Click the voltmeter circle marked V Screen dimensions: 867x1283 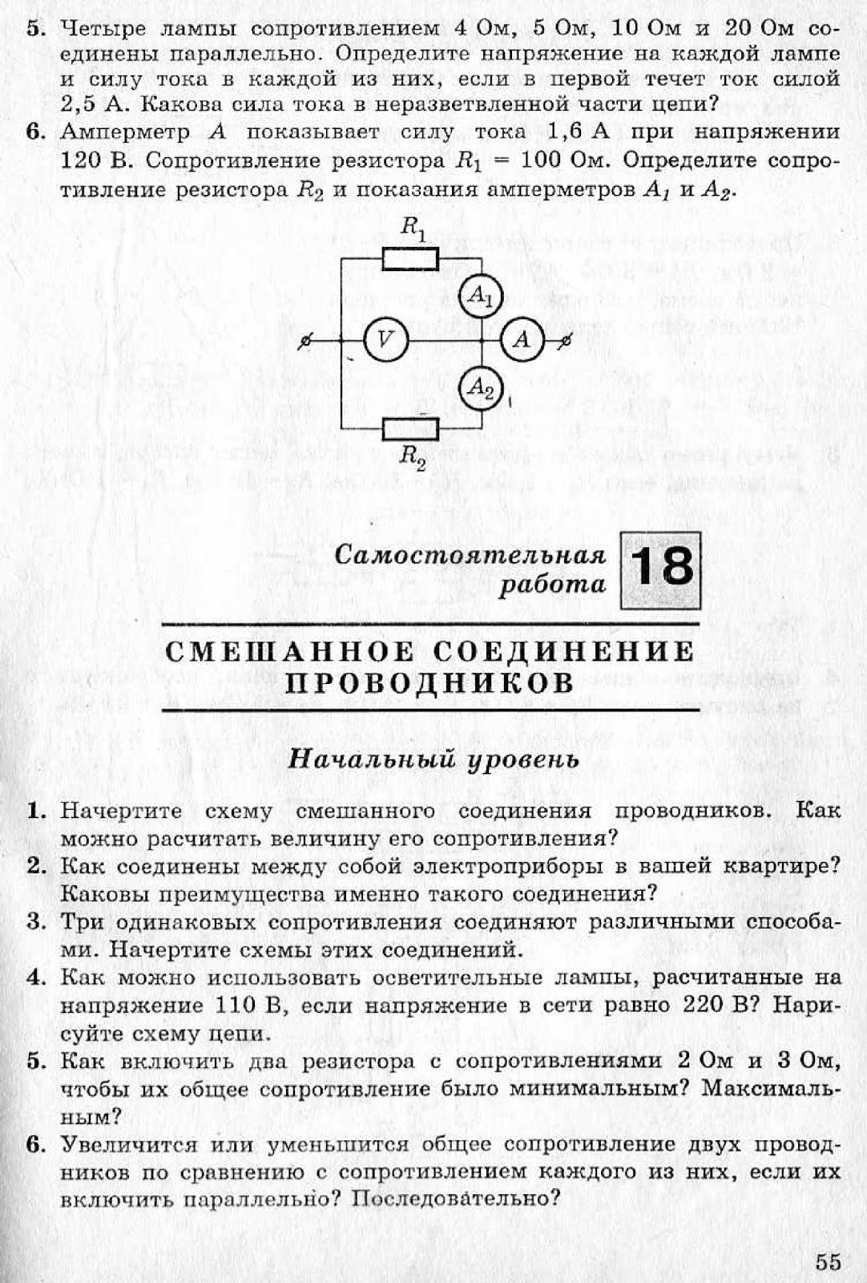coord(386,340)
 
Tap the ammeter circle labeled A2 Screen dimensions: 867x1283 coord(480,388)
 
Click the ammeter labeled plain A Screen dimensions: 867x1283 coord(522,340)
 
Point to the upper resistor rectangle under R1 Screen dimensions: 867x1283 coord(410,258)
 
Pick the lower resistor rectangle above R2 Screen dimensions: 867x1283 coord(410,430)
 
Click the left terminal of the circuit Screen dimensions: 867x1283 coord(304,341)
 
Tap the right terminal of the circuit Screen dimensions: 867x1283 coord(565,341)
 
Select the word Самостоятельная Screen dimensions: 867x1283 coord(470,555)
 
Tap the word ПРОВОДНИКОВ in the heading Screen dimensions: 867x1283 coord(430,683)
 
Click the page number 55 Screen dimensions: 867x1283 coord(829,1261)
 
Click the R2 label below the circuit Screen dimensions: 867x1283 coord(413,457)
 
